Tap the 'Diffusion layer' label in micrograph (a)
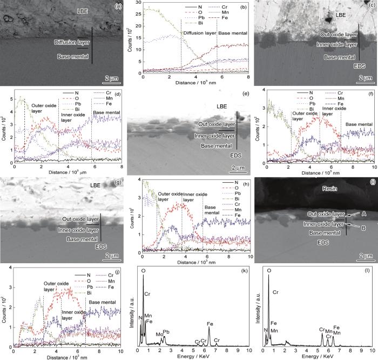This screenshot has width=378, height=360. click(x=73, y=42)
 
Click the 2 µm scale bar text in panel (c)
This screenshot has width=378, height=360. click(x=365, y=78)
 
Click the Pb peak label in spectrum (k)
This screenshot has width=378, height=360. click(x=166, y=316)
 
